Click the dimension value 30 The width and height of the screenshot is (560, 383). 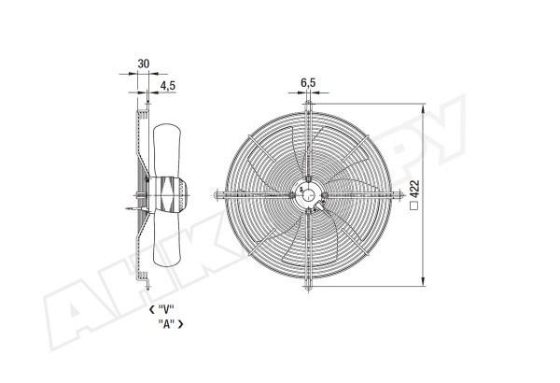(143, 64)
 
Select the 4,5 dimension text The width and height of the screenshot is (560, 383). (167, 85)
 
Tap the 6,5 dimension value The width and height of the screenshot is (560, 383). (308, 83)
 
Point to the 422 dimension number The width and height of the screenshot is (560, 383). (414, 190)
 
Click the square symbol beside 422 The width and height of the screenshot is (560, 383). (414, 206)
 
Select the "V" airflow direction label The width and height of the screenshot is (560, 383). (166, 309)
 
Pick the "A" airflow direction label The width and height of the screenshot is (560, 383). (166, 324)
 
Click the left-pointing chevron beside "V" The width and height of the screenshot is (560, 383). (152, 309)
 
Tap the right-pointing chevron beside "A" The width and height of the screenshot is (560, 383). (180, 324)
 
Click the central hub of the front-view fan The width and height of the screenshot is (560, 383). (308, 195)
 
